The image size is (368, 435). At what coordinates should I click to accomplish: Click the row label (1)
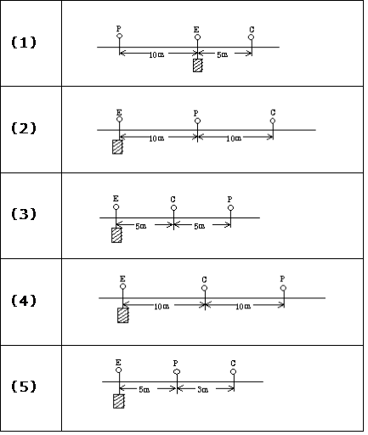tap(24, 42)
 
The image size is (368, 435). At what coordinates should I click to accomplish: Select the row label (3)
tap(24, 214)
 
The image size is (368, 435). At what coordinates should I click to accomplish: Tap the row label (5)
tap(24, 387)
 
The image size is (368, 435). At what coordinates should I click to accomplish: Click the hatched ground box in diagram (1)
tap(197, 65)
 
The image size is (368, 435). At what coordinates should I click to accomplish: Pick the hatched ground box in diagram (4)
tap(123, 315)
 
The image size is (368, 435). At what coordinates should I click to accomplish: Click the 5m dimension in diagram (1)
tap(222, 54)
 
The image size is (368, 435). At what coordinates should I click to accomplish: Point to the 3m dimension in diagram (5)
tap(202, 390)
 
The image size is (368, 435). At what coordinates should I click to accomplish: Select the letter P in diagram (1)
tap(119, 28)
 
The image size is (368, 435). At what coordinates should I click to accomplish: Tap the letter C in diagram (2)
tap(273, 112)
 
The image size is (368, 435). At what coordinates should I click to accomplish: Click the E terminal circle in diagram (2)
tap(119, 119)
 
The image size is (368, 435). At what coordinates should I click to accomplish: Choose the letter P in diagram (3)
tap(229, 200)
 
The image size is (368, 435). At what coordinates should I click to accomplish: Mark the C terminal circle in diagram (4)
tap(204, 288)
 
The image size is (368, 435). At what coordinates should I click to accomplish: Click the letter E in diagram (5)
tap(118, 362)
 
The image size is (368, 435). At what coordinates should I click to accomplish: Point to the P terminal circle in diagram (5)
tap(177, 371)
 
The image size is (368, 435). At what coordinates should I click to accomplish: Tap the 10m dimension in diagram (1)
tap(156, 54)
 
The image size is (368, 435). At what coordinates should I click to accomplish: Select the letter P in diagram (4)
tap(282, 279)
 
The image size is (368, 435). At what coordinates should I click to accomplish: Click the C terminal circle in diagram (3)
tap(173, 208)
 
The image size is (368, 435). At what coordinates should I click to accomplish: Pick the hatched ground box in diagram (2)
tap(117, 147)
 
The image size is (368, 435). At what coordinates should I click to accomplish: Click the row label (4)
tap(24, 300)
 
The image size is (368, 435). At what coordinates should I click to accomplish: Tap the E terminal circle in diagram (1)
tap(197, 37)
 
